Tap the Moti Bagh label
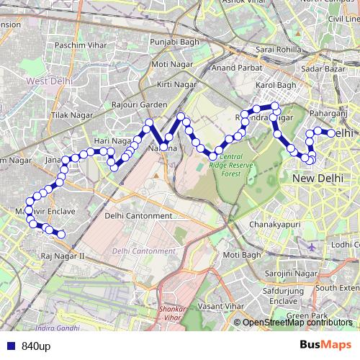[240, 255]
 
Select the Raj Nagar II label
[63, 256]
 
